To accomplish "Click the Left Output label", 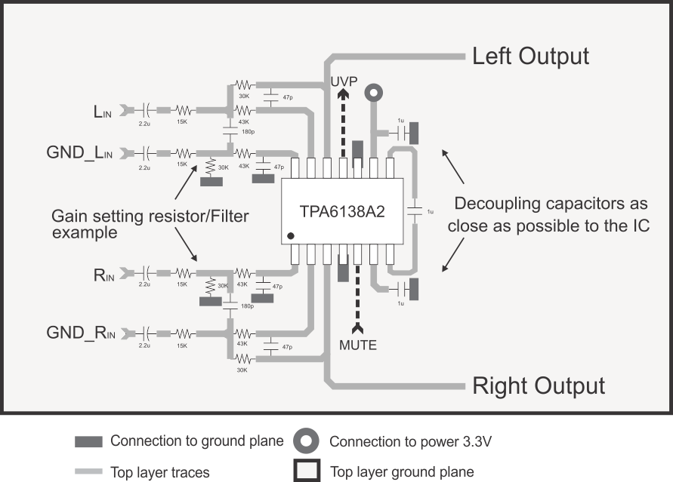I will tap(530, 57).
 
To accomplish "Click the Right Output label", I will tap(538, 385).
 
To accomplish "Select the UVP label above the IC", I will tap(343, 80).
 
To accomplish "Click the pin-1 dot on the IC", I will tap(291, 237).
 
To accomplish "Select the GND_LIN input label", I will tap(79, 153).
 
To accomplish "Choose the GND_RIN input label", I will tap(79, 332).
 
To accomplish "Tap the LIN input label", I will tap(102, 112).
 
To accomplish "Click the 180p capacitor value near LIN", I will tap(248, 133).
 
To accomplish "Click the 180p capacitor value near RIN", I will tap(246, 306).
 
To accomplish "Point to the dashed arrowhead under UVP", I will tap(343, 95).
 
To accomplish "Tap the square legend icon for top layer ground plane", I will tap(307, 471).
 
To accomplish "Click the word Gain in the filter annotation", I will tap(66, 217).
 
